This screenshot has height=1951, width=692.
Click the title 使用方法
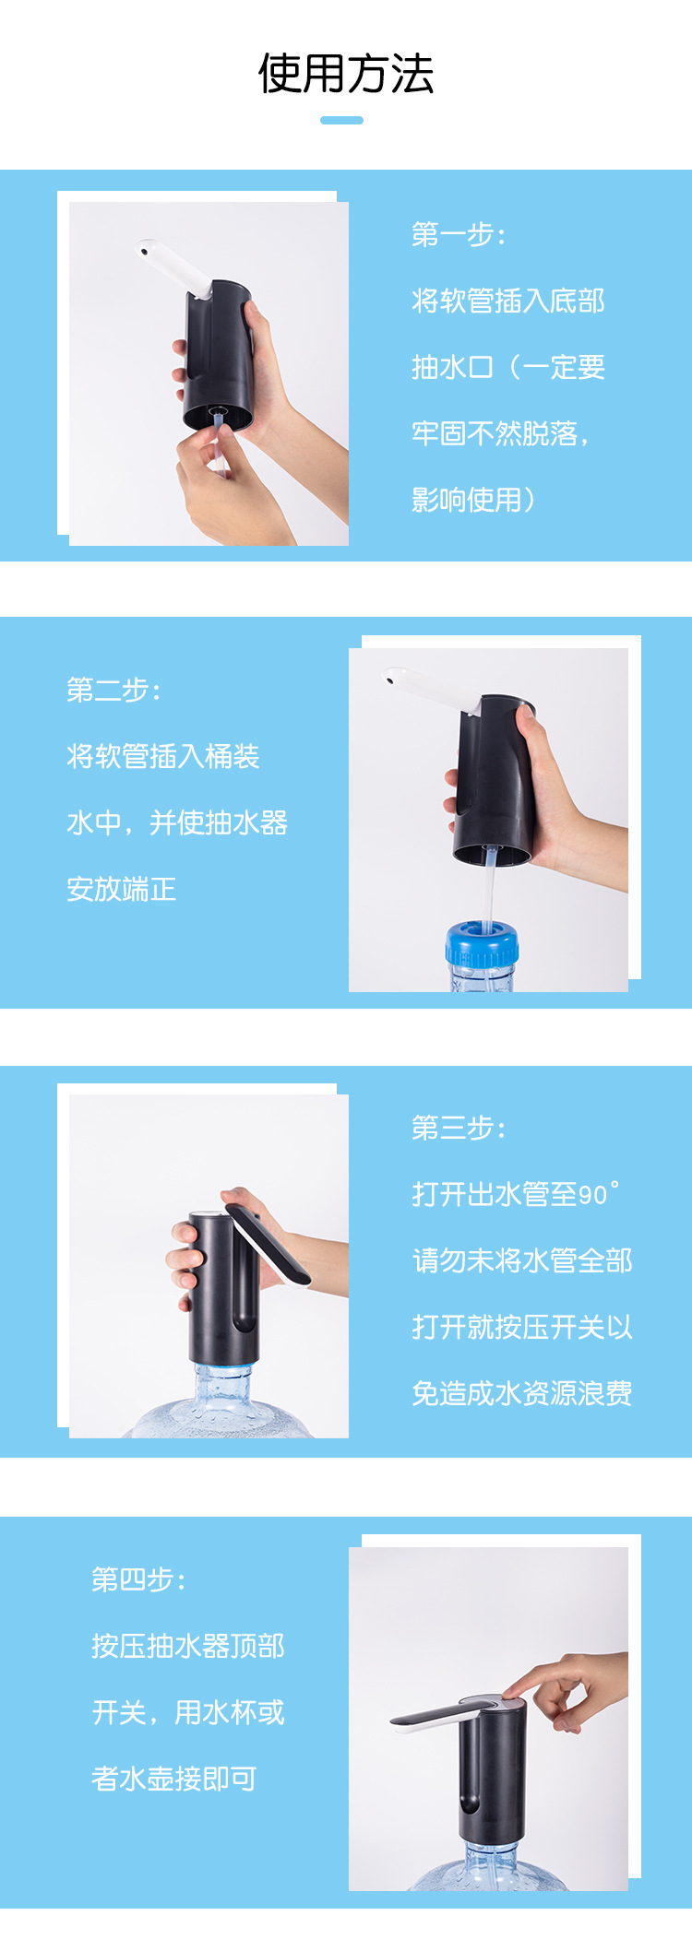346,74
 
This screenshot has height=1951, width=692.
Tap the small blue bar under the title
341,120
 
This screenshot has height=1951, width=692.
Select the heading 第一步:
459,234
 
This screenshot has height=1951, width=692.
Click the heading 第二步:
113,690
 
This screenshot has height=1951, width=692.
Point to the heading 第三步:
459,1128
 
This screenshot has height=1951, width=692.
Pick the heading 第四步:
138,1580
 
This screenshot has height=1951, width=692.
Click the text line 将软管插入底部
508,301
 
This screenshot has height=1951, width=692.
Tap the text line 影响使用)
473,500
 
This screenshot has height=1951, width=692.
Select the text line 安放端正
121,889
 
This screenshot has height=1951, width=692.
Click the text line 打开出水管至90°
516,1194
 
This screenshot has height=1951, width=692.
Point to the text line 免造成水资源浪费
522,1393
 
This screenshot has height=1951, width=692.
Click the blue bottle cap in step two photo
482,942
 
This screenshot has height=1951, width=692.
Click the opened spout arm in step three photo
268,1244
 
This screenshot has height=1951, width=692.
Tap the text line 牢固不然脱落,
501,433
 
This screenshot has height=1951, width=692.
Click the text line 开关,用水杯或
188,1713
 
